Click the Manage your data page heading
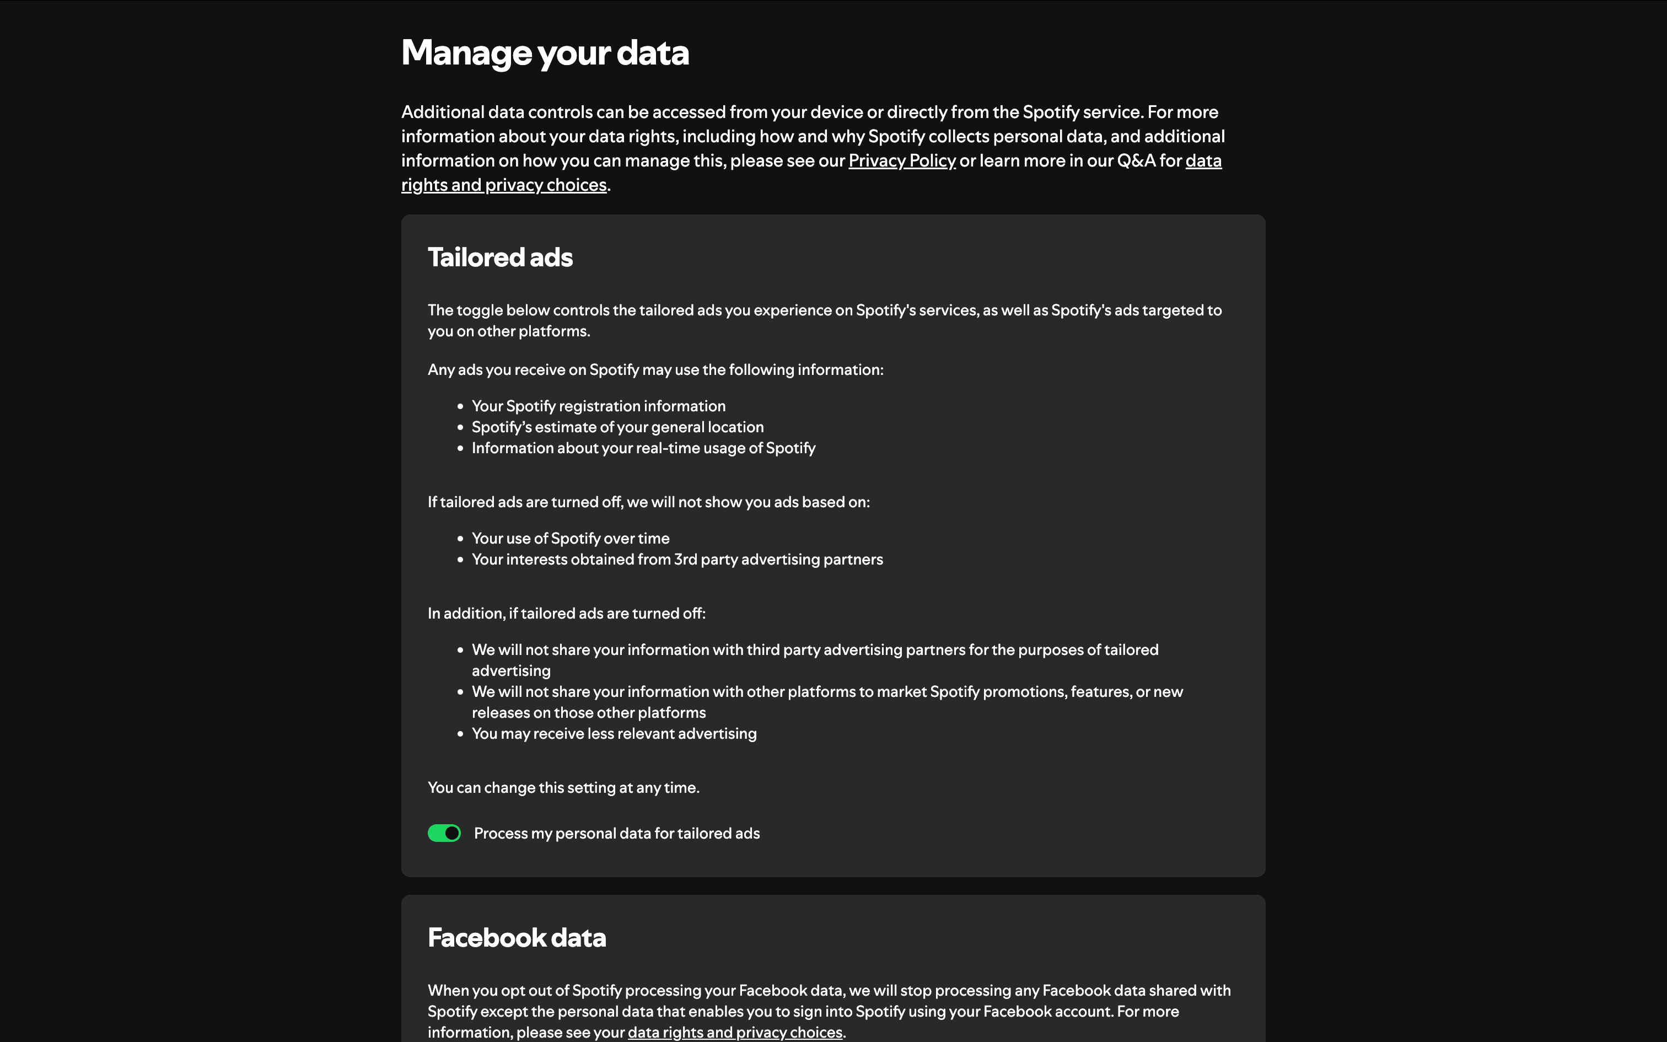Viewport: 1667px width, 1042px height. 545,52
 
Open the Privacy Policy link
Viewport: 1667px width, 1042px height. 902,160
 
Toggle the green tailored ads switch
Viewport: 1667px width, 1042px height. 444,833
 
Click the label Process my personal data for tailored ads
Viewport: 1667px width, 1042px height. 616,833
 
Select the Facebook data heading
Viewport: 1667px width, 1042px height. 517,937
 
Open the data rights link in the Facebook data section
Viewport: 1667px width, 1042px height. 735,1032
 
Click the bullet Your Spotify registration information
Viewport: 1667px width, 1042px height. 599,406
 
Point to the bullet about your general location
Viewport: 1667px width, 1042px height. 617,427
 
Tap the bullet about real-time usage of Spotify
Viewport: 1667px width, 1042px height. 643,448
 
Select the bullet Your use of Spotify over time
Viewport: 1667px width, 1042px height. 571,538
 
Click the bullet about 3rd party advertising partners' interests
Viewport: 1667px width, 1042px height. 677,560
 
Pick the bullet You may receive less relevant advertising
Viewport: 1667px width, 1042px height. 614,733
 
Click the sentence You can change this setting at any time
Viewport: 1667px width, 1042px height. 563,787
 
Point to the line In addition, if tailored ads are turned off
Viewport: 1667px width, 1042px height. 566,613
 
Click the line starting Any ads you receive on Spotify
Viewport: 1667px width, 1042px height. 655,369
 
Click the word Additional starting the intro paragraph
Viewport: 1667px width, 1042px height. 442,112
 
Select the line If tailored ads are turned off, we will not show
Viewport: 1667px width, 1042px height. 648,502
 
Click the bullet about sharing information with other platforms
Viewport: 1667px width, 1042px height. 827,692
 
